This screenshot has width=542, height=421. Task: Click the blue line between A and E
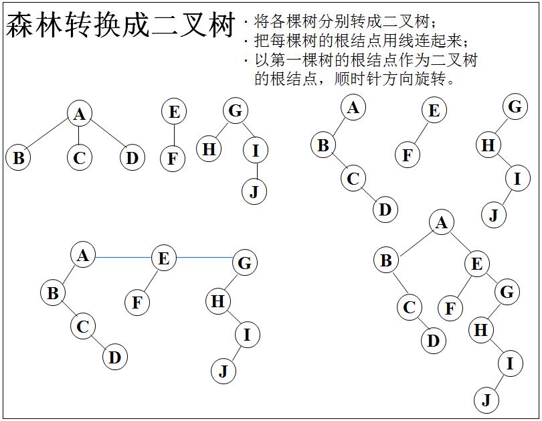[x=123, y=257]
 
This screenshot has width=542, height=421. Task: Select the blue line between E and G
[x=205, y=257]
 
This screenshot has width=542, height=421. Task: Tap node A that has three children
[x=80, y=114]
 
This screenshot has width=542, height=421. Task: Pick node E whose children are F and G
[x=476, y=264]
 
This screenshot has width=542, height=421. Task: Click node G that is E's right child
[x=507, y=292]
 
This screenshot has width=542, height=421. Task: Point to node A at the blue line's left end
[x=83, y=255]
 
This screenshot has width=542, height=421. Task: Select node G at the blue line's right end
[x=245, y=263]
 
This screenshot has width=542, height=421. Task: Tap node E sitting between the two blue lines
[x=164, y=258]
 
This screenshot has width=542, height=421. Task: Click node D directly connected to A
[x=132, y=158]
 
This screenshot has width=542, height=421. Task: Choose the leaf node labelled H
[x=209, y=149]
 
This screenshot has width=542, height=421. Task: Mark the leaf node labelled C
[x=80, y=158]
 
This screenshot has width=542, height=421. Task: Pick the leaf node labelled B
[x=19, y=158]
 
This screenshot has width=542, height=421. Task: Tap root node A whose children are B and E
[x=441, y=223]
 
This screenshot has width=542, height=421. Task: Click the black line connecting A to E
[x=459, y=243]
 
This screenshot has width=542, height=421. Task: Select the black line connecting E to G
[x=492, y=278]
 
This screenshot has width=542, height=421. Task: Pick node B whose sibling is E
[x=385, y=260]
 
